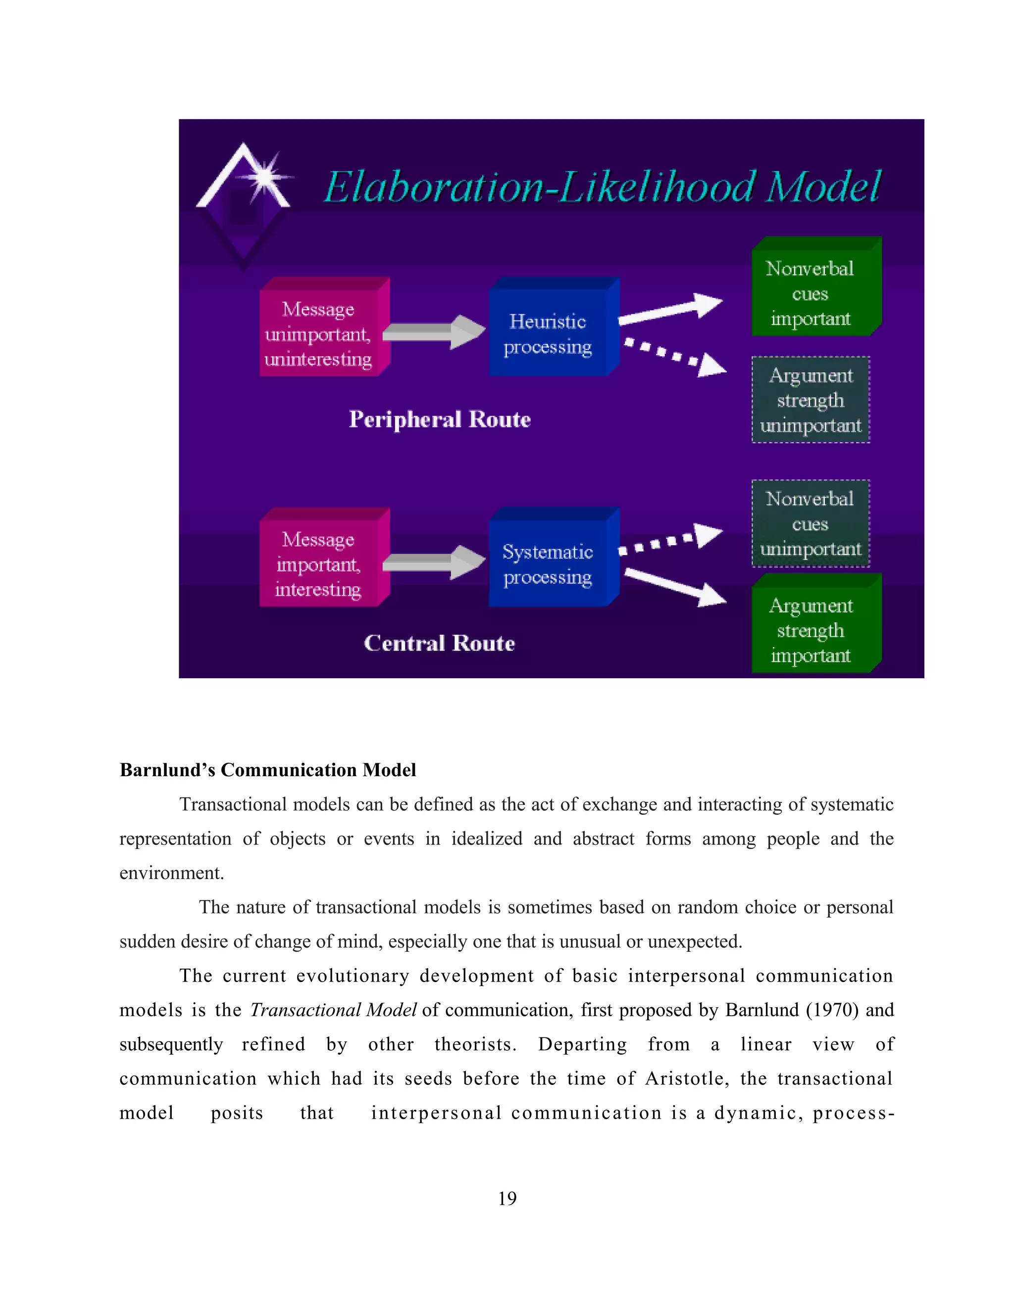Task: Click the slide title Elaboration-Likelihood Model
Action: click(601, 186)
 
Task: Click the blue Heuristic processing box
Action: click(548, 334)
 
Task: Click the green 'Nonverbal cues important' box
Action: click(811, 293)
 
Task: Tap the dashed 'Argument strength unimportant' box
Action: click(811, 400)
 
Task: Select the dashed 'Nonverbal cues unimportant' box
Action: click(811, 523)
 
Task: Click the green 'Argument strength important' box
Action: click(811, 630)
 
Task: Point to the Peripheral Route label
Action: click(440, 419)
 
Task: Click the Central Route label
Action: click(439, 643)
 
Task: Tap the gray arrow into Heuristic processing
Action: click(434, 331)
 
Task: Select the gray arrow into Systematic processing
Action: click(434, 562)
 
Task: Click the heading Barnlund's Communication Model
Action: click(268, 770)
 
